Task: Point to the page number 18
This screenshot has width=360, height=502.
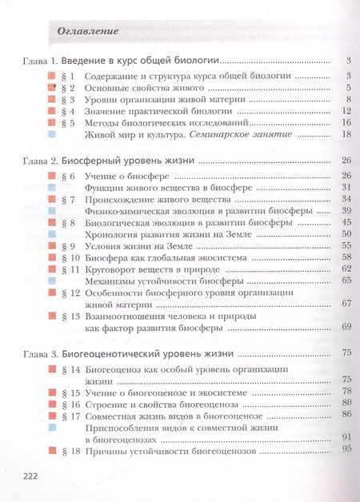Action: click(346, 135)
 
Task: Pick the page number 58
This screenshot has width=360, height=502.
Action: click(346, 257)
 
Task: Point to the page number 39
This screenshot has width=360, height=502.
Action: click(346, 210)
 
